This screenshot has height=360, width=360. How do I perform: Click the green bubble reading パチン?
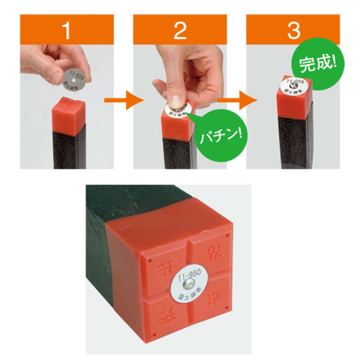coord(220,134)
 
